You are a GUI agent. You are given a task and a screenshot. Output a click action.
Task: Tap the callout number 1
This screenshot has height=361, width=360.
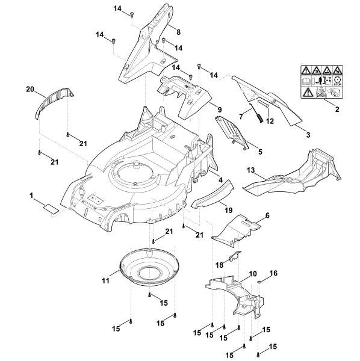click(31, 196)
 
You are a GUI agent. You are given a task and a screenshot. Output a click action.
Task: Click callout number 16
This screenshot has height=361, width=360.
click(273, 273)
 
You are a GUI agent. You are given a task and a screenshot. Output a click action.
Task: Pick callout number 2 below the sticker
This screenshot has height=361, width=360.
click(337, 110)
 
